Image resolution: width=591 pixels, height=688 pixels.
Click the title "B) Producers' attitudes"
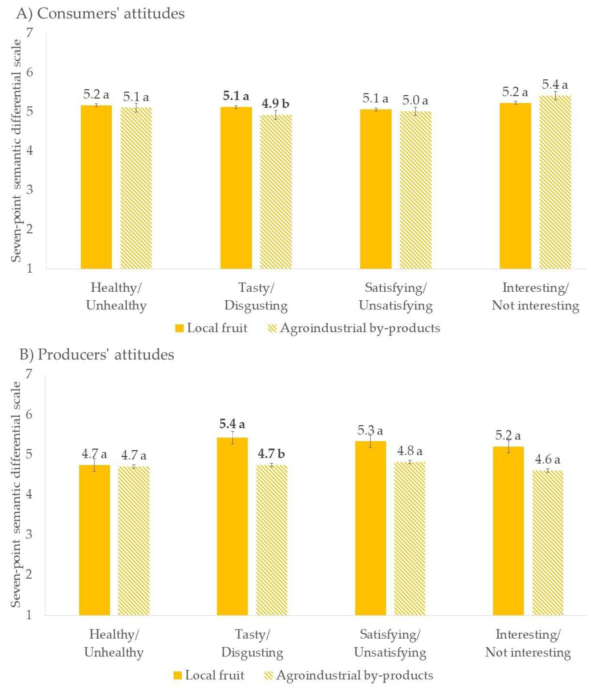click(x=97, y=355)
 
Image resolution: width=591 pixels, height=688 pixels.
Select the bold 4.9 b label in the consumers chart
click(x=275, y=104)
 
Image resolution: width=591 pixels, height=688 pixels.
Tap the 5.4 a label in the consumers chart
click(x=555, y=85)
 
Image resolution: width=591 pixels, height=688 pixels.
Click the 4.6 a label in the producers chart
click(x=547, y=460)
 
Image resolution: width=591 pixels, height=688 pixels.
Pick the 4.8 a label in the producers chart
click(x=410, y=451)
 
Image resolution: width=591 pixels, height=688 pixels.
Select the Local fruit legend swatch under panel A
click(x=179, y=328)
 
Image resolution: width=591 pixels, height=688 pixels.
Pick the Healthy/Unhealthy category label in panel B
click(x=114, y=643)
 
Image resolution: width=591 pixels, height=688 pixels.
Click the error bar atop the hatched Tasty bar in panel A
click(x=276, y=115)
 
